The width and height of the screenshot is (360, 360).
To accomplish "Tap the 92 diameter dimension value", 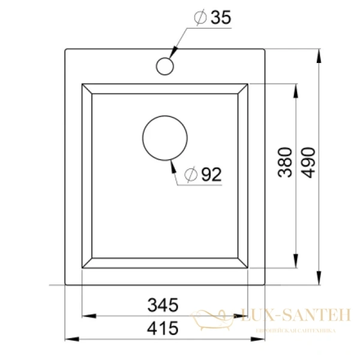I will [x=211, y=175].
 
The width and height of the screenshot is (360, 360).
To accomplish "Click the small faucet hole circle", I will [x=164, y=65].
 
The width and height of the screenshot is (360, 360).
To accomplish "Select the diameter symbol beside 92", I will [x=191, y=175].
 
